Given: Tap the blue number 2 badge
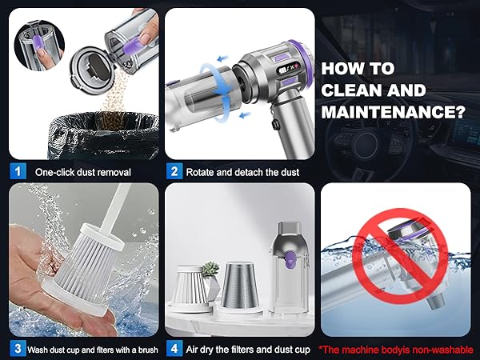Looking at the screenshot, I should pyautogui.click(x=173, y=171).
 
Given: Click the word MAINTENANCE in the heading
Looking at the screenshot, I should pyautogui.click(x=393, y=111).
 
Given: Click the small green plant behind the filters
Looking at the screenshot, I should pyautogui.click(x=210, y=266).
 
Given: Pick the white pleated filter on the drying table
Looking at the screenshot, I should pyautogui.click(x=191, y=286).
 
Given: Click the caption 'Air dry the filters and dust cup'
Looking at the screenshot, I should pyautogui.click(x=249, y=348).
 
